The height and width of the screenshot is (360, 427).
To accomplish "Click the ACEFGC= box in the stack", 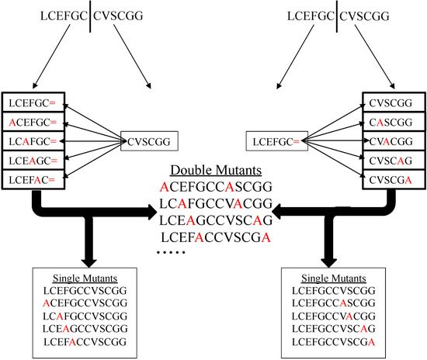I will click(32, 122).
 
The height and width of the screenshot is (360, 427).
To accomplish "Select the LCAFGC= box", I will click(32, 141).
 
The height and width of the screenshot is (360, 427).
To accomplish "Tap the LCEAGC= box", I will click(32, 160).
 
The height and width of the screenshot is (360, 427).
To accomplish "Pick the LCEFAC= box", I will click(32, 179).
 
